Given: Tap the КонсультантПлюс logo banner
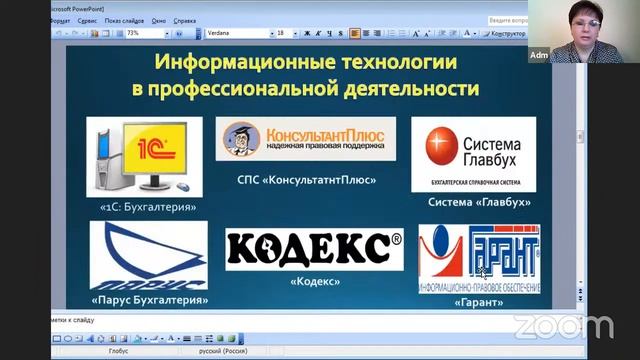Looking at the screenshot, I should [x=305, y=139].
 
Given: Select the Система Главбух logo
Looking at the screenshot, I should [x=473, y=153].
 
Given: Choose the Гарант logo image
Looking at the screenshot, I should [x=478, y=258].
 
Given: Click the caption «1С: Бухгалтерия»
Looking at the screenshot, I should [x=148, y=207].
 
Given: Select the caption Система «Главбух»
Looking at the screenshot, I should [x=478, y=202].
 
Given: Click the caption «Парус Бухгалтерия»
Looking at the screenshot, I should [x=149, y=299].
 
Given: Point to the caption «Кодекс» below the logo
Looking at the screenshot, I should [x=315, y=281].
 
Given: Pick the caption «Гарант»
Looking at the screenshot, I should [x=478, y=302].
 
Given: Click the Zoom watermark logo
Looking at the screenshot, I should [x=562, y=327].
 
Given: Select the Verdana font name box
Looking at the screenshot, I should [x=234, y=33].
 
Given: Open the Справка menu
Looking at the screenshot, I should [x=184, y=19].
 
